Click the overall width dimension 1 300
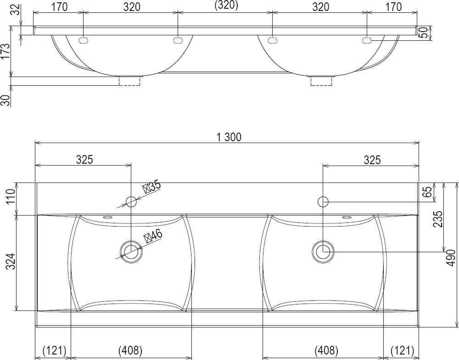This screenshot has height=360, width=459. click(x=229, y=137)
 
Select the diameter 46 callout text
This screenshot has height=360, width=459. click(x=153, y=236)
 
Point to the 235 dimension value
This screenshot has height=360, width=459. click(x=438, y=219)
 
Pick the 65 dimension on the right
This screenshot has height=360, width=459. click(x=428, y=192)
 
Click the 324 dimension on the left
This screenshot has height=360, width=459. click(x=10, y=261)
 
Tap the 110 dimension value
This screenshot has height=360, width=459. click(x=10, y=197)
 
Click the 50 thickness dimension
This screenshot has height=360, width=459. click(x=423, y=33)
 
